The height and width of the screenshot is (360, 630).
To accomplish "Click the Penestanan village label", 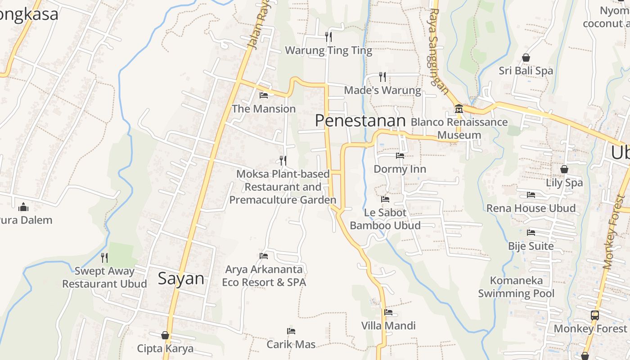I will pos(360,121).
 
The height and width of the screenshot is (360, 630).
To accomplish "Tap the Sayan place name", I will pos(181,279).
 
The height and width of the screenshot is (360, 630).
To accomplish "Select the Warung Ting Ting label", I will pos(328,50).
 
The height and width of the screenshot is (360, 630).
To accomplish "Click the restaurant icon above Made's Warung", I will pos(382,76).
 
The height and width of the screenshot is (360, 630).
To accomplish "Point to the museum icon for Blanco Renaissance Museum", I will pos(459,108).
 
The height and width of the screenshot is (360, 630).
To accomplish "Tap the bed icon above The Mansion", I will pos(264,95).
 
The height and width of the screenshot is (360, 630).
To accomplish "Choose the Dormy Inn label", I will pos(400,169).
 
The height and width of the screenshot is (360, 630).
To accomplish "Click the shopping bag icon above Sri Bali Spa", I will pos(526,58).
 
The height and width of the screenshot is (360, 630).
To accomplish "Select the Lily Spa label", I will pos(564,183).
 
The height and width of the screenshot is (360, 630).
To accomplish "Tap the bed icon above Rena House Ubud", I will pos(531,195).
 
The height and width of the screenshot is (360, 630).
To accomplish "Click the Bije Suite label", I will pos(531,246).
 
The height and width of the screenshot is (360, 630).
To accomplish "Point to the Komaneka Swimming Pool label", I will pos(516,287).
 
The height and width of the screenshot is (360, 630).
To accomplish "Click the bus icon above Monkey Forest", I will pos(594,315).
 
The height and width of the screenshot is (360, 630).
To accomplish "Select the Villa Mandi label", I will pos(388,326).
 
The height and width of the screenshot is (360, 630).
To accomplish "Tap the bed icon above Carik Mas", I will pos(291,331).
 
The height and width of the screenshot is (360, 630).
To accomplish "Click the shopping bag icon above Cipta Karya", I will pos(165,335).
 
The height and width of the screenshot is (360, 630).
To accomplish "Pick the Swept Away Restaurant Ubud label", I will pos(104,278).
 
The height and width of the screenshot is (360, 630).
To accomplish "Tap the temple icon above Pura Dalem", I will pos(23,207).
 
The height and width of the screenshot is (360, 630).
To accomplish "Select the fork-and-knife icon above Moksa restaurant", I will pos(283,160).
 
